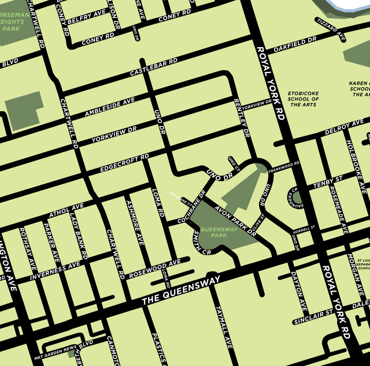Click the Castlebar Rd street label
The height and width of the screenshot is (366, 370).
click(154, 67)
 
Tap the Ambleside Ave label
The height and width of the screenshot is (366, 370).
click(110, 107)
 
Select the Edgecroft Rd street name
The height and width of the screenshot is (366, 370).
click(124, 163)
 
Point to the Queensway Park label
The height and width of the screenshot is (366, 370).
click(219, 232)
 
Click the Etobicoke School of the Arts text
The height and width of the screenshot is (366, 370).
click(303, 99)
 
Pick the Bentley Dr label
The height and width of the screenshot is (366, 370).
click(242, 118)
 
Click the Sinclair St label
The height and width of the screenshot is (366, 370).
click(313, 316)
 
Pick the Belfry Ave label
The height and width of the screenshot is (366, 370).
click(86, 17)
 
